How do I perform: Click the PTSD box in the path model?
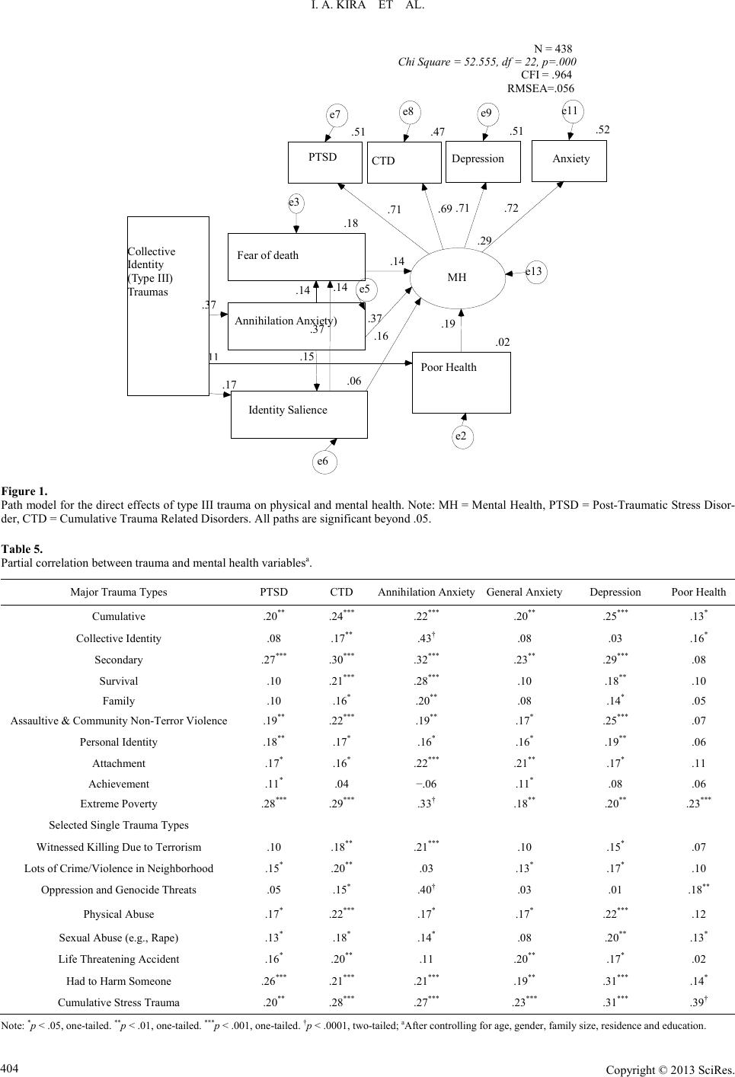[x=324, y=161]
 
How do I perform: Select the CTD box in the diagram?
[x=404, y=162]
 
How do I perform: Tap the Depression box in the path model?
[x=482, y=161]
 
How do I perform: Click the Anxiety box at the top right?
[x=569, y=161]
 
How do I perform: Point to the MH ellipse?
[x=457, y=277]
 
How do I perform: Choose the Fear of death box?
[x=296, y=256]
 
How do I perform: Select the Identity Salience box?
[x=299, y=414]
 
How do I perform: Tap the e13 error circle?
[x=536, y=271]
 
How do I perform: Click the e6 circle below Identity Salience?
[x=323, y=462]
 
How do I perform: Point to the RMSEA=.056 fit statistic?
[x=540, y=88]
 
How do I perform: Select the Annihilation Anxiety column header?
[x=426, y=592]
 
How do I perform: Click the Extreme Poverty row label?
[x=119, y=804]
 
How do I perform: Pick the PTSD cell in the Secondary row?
[x=274, y=660]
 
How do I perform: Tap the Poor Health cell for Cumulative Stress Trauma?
[x=698, y=1002]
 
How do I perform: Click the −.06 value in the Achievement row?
[x=426, y=784]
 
